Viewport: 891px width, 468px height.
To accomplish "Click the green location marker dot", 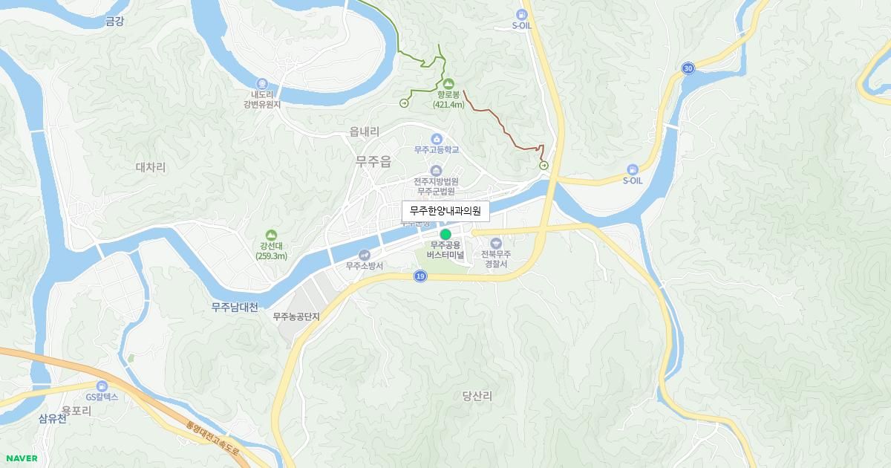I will tap(446, 235).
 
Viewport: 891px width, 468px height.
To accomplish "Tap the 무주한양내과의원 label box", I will tap(446, 212).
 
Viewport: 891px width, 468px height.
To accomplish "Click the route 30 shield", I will tap(688, 68).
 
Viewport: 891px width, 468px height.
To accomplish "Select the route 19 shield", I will tap(421, 276).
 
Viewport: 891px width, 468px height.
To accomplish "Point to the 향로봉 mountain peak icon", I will tap(448, 82).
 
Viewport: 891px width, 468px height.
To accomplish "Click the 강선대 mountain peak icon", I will tap(270, 235).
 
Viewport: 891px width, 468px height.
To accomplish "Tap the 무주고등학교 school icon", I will tap(437, 139).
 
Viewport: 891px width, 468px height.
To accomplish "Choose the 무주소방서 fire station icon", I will tap(364, 255).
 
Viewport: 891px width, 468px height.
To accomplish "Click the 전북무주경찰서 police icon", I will tap(496, 244).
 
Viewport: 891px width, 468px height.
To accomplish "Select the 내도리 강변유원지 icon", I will tap(261, 83).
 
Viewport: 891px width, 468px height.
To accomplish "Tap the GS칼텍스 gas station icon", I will tap(102, 386).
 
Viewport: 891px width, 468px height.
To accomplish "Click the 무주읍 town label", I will tap(373, 161).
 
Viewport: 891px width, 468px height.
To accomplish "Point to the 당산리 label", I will tap(477, 397).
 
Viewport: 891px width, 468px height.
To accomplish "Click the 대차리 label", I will tap(151, 168).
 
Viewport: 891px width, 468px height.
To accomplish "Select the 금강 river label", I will tap(115, 22).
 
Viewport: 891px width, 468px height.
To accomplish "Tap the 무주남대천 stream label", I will tap(235, 308).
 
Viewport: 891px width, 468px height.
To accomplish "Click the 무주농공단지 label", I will tap(296, 316).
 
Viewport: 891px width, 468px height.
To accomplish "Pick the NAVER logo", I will tap(21, 458).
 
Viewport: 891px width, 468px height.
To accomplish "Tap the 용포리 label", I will tap(76, 410).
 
